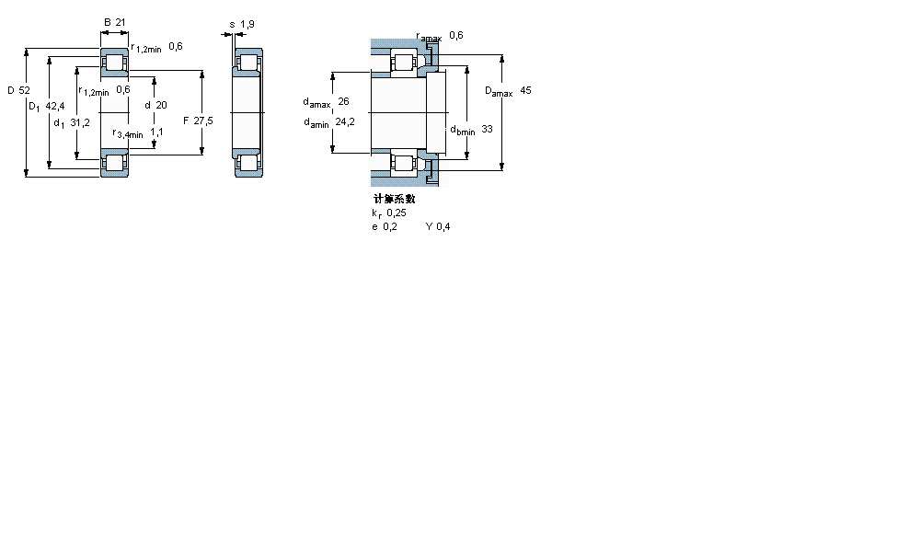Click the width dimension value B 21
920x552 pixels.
[113, 21]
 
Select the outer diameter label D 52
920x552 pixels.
[17, 90]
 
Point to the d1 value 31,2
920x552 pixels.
[80, 122]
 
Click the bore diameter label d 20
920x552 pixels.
[155, 105]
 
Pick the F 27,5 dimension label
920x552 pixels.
[197, 121]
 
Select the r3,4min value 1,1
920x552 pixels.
[156, 132]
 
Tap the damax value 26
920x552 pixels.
[343, 101]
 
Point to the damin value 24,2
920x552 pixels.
[345, 121]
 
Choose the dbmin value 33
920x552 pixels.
[487, 130]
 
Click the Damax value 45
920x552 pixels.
[525, 90]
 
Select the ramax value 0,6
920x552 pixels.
[455, 35]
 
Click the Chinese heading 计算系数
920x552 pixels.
[393, 199]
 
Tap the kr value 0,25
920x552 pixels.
[396, 213]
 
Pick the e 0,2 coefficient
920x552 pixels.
[384, 226]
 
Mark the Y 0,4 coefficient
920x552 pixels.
[437, 226]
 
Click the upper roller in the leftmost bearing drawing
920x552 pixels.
[115, 63]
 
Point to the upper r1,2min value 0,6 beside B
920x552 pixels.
[175, 47]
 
